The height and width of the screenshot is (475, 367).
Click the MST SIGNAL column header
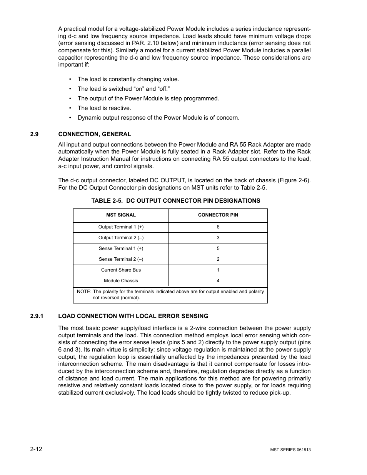pyautogui.click(x=121, y=215)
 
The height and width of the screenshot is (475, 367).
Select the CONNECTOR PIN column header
pyautogui.click(x=218, y=215)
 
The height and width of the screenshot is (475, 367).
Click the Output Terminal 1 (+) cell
pyautogui.click(x=121, y=227)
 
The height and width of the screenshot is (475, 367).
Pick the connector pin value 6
pyautogui.click(x=218, y=227)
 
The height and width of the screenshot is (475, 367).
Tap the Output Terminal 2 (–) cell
pyautogui.click(x=121, y=238)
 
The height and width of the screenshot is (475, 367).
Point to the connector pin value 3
pyautogui.click(x=218, y=238)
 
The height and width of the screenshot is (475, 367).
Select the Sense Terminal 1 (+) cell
pyautogui.click(x=121, y=248)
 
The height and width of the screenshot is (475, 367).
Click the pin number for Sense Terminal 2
pyautogui.click(x=218, y=259)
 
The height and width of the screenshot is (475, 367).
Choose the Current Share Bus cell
pyautogui.click(x=121, y=270)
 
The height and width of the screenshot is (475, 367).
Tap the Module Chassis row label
pyautogui.click(x=121, y=281)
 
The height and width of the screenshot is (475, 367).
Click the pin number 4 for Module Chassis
pyautogui.click(x=218, y=281)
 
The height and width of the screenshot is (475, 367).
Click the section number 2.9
pyautogui.click(x=35, y=134)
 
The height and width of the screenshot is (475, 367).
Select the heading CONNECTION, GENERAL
pyautogui.click(x=95, y=134)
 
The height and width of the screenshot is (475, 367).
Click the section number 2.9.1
pyautogui.click(x=37, y=316)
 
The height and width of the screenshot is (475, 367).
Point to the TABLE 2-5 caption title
pyautogui.click(x=175, y=201)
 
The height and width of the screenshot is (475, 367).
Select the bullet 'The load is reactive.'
pyautogui.click(x=104, y=108)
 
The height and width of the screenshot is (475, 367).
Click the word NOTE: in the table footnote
pyautogui.click(x=84, y=292)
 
